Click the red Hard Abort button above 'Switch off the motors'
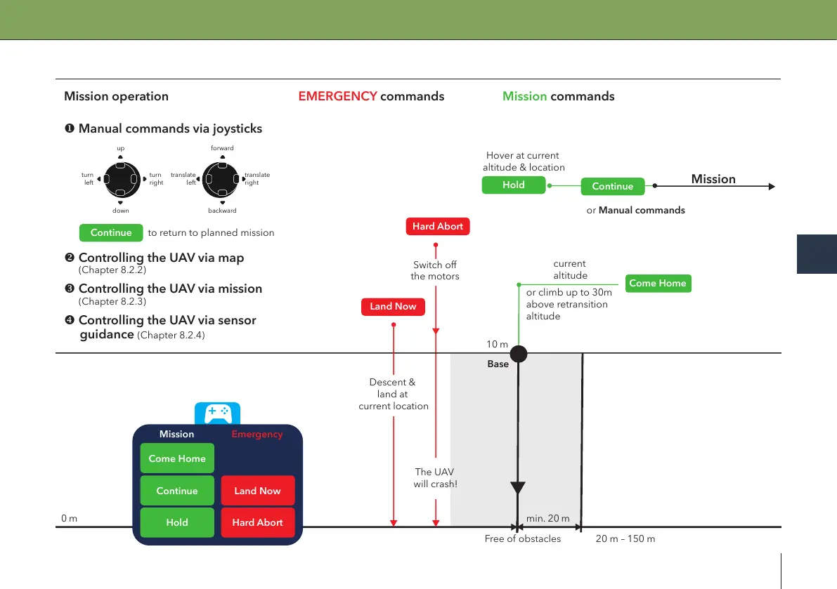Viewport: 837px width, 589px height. coord(438,226)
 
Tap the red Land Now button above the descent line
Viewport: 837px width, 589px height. coord(393,307)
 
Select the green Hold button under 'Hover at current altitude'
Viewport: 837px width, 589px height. coord(514,185)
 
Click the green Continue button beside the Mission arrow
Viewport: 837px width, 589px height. coord(613,186)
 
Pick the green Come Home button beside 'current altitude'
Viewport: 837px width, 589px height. coord(658,283)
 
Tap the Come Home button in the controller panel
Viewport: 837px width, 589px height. coord(177,458)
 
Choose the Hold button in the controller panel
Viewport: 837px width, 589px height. coord(177,522)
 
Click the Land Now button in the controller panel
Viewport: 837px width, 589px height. coord(258,491)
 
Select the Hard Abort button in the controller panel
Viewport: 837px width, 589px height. coord(258,522)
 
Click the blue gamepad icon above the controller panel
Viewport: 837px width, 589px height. coord(218,413)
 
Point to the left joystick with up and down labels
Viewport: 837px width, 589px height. coord(122,180)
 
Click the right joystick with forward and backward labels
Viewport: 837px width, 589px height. coord(221,180)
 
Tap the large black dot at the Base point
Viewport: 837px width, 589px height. coord(519,354)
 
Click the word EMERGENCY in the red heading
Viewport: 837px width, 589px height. coord(338,96)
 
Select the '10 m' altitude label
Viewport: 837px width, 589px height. coord(497,344)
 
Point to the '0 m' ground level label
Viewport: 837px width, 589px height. coord(70,518)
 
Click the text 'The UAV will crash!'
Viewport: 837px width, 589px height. coord(435,478)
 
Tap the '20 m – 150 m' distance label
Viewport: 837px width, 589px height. coord(625,539)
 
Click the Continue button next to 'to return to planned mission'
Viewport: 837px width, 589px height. coord(111,232)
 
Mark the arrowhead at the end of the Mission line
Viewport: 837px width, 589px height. coord(772,187)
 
